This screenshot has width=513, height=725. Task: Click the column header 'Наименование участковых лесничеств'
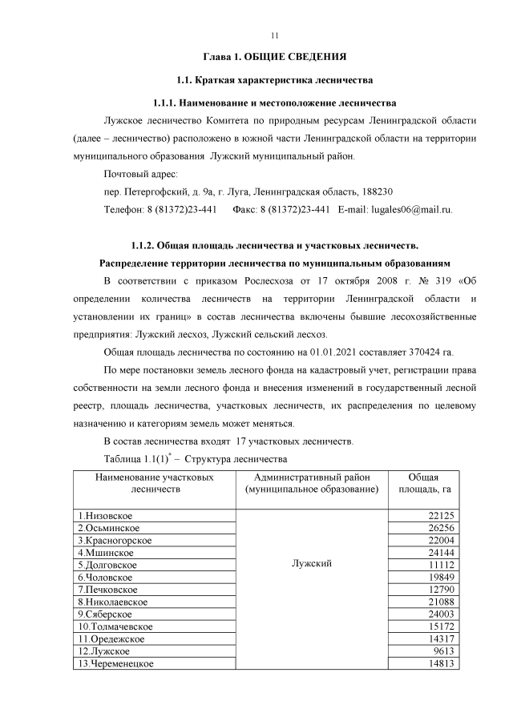click(154, 482)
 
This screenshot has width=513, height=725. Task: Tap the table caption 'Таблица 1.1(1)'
click(141, 459)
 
